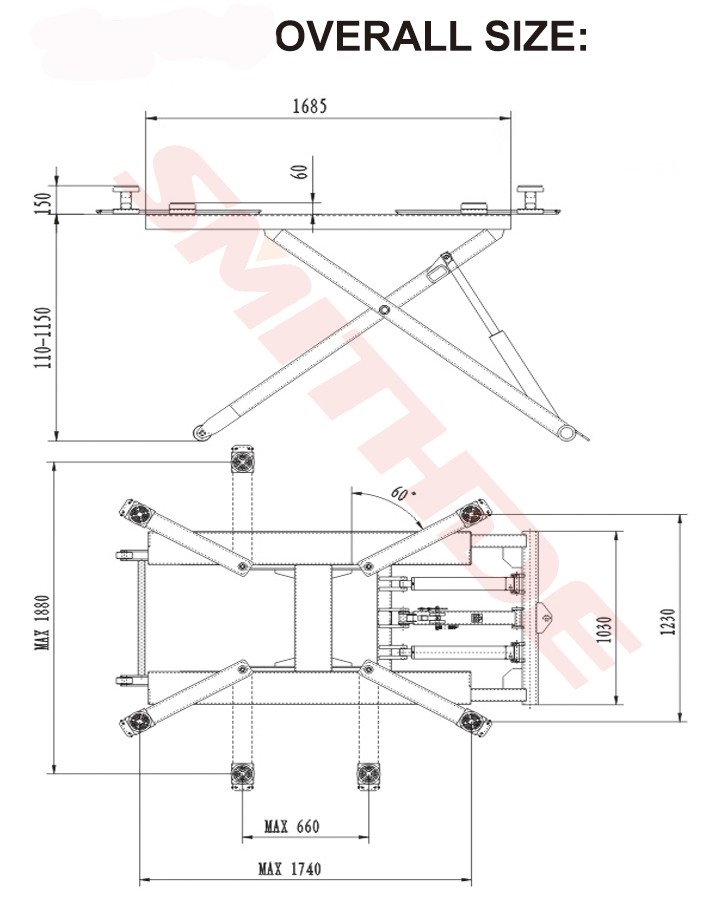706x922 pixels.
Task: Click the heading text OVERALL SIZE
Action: pyautogui.click(x=430, y=37)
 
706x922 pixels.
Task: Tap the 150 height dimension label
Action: pyautogui.click(x=40, y=200)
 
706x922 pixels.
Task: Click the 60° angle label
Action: pyautogui.click(x=401, y=494)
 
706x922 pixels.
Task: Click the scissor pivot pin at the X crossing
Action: pyautogui.click(x=384, y=313)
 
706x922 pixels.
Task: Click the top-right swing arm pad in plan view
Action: pyautogui.click(x=470, y=514)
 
